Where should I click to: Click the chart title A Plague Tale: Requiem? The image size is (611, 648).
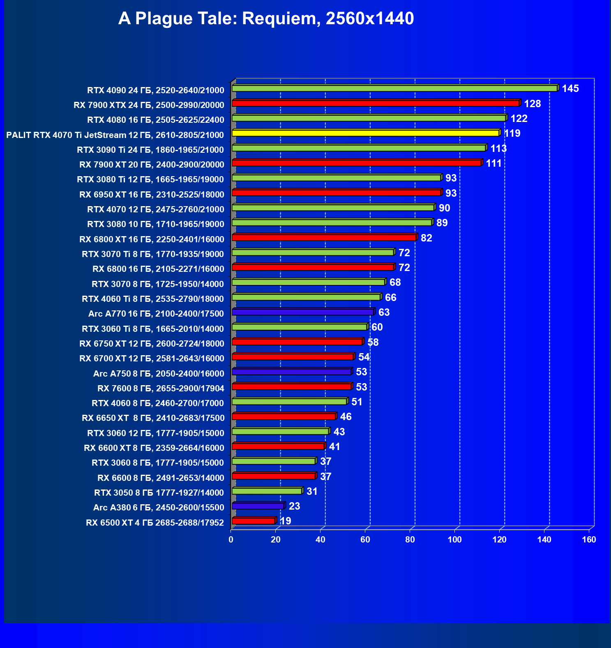[x=266, y=19]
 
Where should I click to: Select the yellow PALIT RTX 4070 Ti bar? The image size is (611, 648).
[x=366, y=133]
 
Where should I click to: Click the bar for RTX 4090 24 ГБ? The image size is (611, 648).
[x=394, y=88]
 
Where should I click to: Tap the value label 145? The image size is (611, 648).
[x=570, y=89]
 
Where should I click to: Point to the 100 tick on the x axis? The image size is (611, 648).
[x=455, y=540]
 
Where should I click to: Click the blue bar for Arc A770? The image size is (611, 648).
[x=303, y=312]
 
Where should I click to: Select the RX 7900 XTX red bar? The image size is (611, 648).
[x=376, y=103]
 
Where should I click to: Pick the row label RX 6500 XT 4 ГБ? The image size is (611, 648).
[x=155, y=523]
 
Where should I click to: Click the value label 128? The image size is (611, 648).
[x=533, y=104]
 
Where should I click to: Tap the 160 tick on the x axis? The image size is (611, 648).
[x=589, y=540]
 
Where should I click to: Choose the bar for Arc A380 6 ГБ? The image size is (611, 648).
[x=258, y=506]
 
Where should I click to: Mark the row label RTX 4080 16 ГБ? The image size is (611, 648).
[x=156, y=120]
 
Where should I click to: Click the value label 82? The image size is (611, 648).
[x=427, y=238]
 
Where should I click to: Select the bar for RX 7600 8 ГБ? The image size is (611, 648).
[x=292, y=386]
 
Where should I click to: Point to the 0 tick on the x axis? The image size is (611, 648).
[x=231, y=540]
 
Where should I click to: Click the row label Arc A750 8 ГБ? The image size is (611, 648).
[x=159, y=374]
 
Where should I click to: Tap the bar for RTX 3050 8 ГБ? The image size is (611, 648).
[x=267, y=491]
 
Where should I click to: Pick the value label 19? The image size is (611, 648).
[x=285, y=521]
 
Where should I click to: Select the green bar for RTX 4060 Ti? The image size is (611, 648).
[x=306, y=297]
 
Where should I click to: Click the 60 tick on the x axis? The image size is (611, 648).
[x=365, y=540]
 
